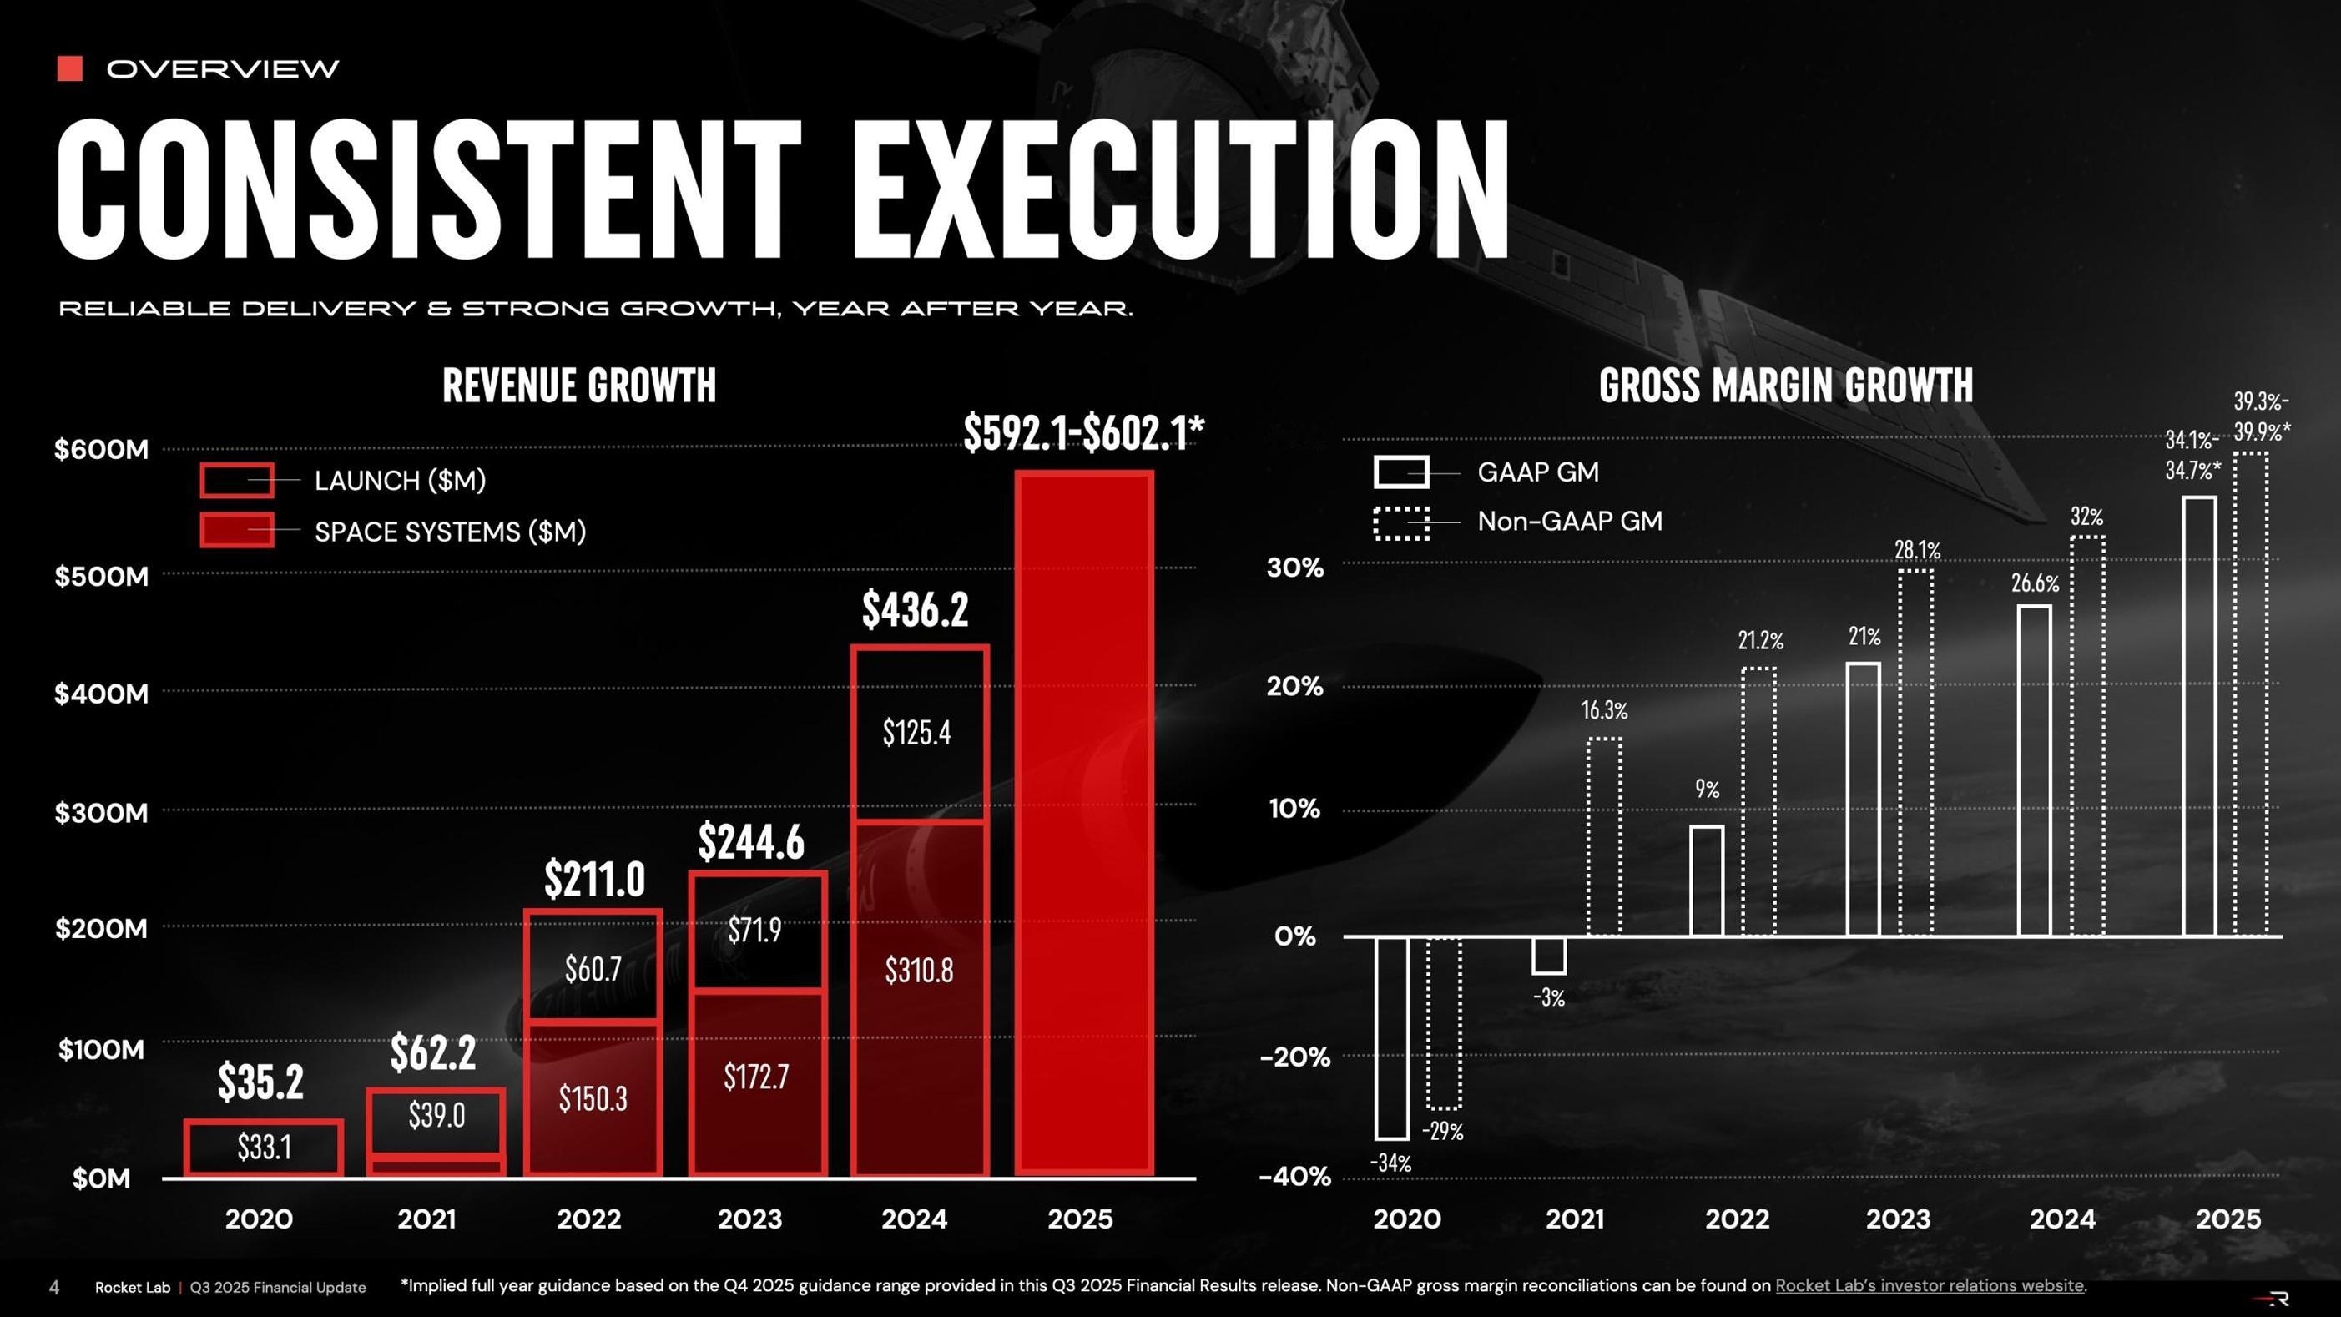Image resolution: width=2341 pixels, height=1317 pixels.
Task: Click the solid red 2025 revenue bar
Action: (1084, 823)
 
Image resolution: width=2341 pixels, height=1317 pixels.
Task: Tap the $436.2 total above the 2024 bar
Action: (916, 610)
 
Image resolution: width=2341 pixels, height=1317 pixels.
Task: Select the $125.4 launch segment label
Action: (917, 733)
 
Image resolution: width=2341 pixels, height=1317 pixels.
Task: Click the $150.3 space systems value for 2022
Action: (593, 1099)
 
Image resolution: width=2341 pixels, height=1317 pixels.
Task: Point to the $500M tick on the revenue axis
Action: (101, 576)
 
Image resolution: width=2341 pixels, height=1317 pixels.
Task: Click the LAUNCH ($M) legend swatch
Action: (236, 480)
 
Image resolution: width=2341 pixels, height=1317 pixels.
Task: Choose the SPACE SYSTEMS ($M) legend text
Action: (450, 532)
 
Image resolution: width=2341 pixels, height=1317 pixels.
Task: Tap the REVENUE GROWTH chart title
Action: (579, 386)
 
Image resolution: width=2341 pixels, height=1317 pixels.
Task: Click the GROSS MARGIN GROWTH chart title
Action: (1785, 386)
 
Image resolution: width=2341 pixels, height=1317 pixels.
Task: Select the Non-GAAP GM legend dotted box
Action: (1400, 522)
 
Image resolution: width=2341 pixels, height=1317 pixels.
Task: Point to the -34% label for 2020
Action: (1390, 1163)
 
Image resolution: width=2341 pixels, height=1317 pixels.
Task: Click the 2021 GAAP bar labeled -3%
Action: (1548, 956)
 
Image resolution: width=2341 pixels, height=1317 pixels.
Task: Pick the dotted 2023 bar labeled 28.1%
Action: (1915, 752)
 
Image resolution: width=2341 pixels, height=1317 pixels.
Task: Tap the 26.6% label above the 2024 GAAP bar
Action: (2035, 583)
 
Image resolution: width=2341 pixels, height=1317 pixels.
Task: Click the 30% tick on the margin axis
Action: (1295, 568)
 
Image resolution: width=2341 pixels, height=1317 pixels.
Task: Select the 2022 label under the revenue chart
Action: (589, 1219)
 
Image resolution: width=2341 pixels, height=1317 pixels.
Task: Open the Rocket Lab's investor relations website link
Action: (1929, 1286)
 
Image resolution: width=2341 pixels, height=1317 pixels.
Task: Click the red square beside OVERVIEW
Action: (70, 68)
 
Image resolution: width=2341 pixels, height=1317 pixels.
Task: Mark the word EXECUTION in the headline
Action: (1180, 191)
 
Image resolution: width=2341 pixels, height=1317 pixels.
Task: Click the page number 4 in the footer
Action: (53, 1287)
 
